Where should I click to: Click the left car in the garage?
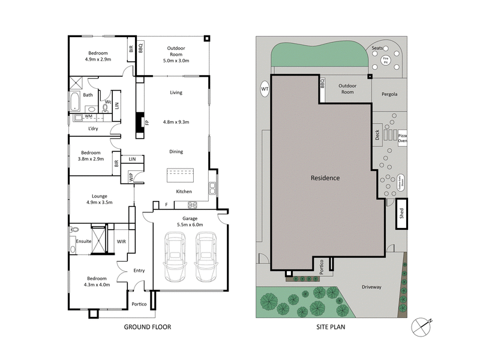pyautogui.click(x=176, y=258)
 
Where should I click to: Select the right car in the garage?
pyautogui.click(x=206, y=258)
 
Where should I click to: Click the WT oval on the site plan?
pyautogui.click(x=265, y=89)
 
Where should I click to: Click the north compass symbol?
pyautogui.click(x=422, y=326)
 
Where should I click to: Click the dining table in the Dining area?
pyautogui.click(x=181, y=175)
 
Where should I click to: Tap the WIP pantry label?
pyautogui.click(x=131, y=177)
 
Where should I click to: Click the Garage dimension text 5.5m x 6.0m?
pyautogui.click(x=190, y=224)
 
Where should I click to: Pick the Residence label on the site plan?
pyautogui.click(x=325, y=178)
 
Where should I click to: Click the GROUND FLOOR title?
pyautogui.click(x=148, y=327)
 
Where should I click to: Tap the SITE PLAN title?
pyautogui.click(x=331, y=327)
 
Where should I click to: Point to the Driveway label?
pyautogui.click(x=371, y=287)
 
